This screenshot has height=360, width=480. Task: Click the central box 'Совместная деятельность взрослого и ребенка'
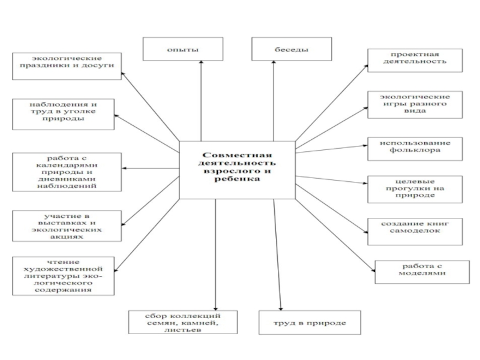pyautogui.click(x=238, y=170)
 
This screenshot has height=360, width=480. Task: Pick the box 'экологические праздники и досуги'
pyautogui.click(x=65, y=62)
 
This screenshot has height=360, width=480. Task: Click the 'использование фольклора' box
pyautogui.click(x=416, y=148)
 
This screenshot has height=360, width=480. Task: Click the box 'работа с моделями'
pyautogui.click(x=422, y=271)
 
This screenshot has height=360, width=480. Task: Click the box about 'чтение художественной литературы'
pyautogui.click(x=64, y=276)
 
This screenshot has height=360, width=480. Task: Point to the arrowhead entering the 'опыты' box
pyautogui.click(x=200, y=62)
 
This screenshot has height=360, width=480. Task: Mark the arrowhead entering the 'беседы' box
pyautogui.click(x=274, y=62)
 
